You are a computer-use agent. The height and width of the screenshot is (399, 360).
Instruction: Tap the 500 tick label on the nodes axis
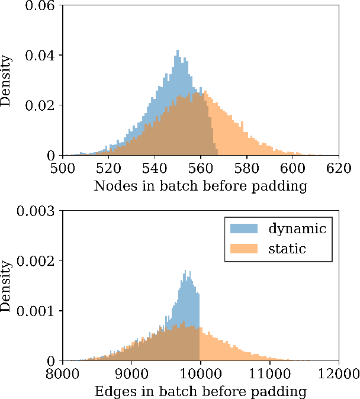point(62,168)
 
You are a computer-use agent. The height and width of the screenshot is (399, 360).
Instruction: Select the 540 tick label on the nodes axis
point(155,168)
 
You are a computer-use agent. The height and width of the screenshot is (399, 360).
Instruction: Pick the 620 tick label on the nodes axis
point(339,168)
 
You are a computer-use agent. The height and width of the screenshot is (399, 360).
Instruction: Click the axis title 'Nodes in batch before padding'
point(201,186)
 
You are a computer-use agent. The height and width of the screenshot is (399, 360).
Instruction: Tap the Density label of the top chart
point(6,81)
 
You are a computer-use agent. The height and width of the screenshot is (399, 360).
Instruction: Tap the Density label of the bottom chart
point(6,286)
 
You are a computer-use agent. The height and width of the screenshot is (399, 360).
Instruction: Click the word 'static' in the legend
point(287,248)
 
